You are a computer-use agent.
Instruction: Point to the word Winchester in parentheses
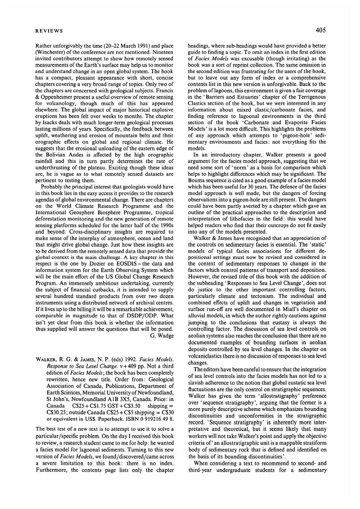(52, 52)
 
